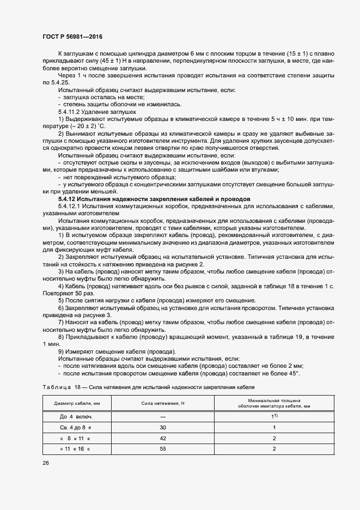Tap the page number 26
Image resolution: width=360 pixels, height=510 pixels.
(46, 463)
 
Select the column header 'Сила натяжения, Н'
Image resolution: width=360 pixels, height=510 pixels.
(163, 403)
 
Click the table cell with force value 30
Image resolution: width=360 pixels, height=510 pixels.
(163, 428)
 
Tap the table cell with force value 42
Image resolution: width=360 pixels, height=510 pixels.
(163, 438)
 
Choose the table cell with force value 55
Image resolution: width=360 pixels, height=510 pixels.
(163, 448)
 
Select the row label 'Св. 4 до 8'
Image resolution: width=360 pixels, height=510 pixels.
(75, 428)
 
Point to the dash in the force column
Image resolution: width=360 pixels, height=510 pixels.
(163, 417)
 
